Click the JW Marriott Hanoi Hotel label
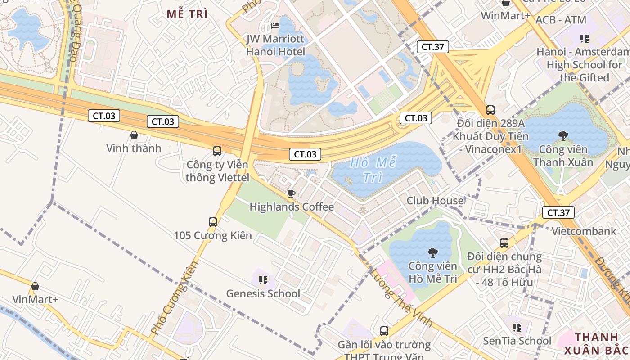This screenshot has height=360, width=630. pos(275,45)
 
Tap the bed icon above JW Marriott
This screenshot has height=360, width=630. pos(275,25)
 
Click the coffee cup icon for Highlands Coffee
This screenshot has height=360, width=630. pos(292,194)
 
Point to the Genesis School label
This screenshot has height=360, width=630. pos(263,293)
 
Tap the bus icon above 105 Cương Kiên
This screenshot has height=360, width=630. pos(213,222)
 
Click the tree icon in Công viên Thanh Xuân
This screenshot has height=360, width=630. pos(563,135)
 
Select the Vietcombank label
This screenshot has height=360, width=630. pos(584,231)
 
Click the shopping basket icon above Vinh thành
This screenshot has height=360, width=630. pos(134,135)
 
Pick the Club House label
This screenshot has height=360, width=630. pos(435,201)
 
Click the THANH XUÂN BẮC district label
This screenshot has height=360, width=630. pos(596,343)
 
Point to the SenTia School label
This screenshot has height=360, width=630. pos(517,341)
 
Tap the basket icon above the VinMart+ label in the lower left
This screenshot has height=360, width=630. pos(35,286)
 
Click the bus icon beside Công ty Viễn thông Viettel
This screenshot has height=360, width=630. pos(217,151)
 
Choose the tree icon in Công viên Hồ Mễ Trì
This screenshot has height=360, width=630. pos(433,253)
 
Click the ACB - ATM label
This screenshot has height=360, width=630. pos(561,20)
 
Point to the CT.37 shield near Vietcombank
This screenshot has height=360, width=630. pos(558,212)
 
